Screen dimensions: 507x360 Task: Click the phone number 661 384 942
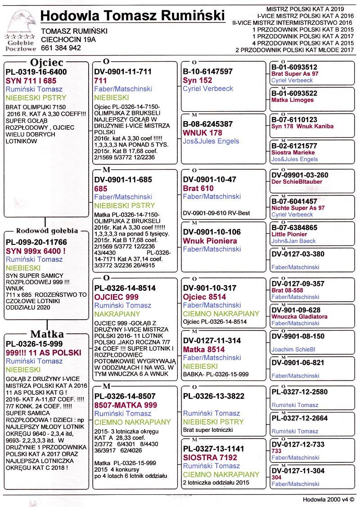61,48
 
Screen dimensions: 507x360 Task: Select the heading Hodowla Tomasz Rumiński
132,16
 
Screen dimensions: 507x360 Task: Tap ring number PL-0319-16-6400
36,72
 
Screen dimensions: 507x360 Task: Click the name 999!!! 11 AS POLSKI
43,353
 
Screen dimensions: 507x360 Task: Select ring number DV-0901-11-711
123,72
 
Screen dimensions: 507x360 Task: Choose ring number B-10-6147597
207,72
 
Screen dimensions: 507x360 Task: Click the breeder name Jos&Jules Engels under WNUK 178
211,141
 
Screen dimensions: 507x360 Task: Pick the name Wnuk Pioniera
209,241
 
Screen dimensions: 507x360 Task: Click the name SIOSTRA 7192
210,457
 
